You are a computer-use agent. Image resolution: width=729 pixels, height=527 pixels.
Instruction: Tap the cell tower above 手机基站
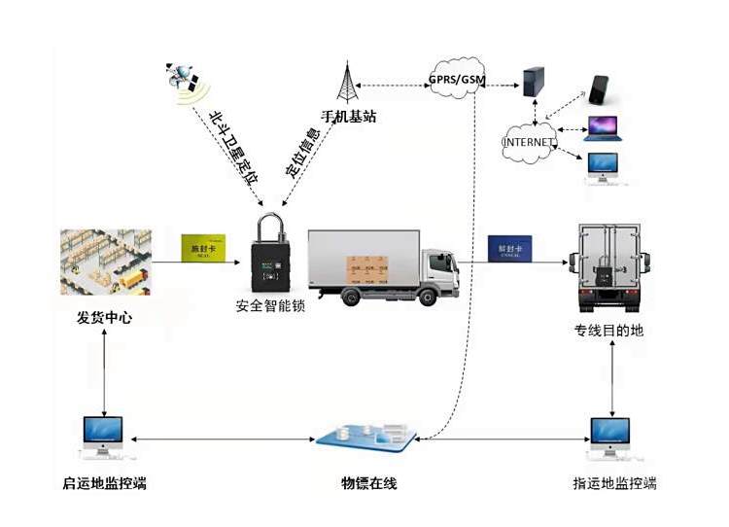(347, 82)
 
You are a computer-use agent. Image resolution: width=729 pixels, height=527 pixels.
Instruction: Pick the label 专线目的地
(609, 331)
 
